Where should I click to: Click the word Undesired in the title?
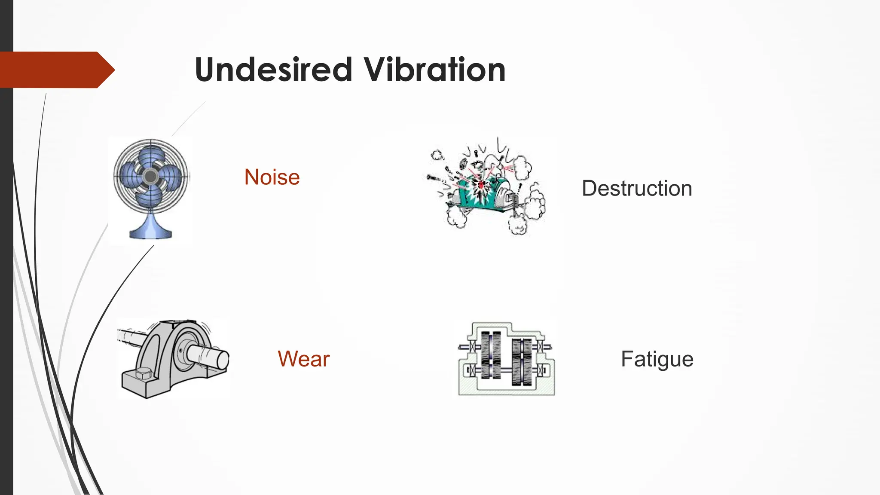point(273,70)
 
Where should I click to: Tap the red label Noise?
point(272,177)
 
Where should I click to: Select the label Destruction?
point(637,188)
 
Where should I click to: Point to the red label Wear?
point(303,359)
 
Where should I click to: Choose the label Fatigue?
point(657,359)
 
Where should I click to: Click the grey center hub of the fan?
point(150,176)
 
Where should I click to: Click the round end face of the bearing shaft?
point(223,359)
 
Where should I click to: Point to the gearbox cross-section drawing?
point(506,359)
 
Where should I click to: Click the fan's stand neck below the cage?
point(150,219)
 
